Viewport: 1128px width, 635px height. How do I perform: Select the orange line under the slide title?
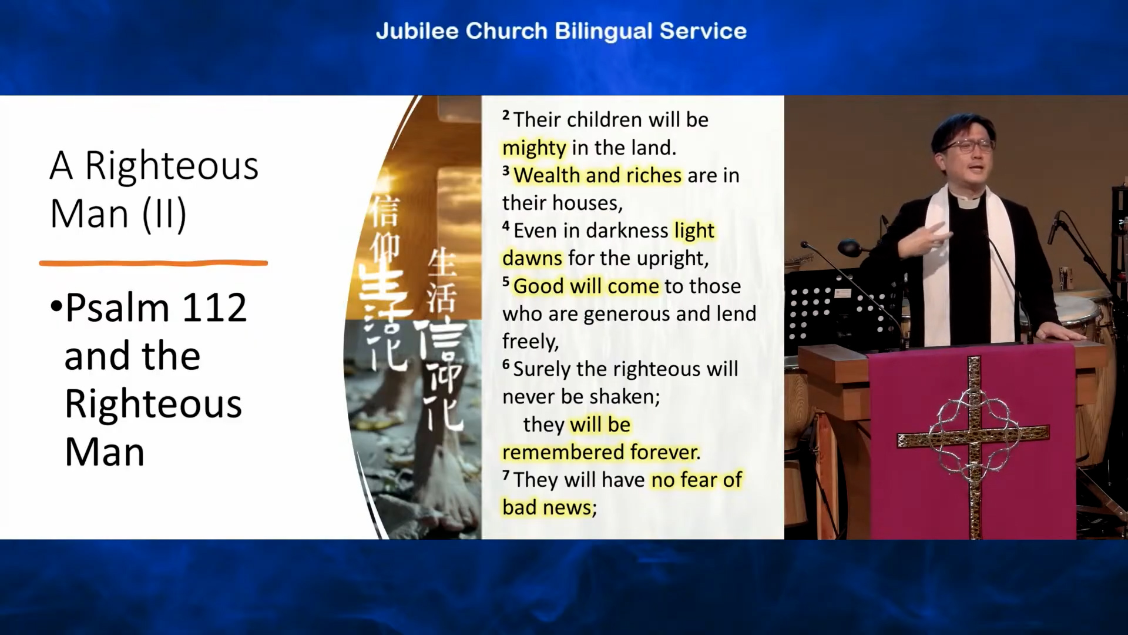pyautogui.click(x=153, y=263)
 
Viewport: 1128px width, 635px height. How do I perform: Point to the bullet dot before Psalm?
pyautogui.click(x=56, y=306)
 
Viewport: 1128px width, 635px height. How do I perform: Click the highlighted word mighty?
pyautogui.click(x=534, y=148)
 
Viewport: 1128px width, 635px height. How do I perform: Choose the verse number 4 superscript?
pyautogui.click(x=506, y=225)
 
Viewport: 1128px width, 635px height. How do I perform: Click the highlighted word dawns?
pyautogui.click(x=532, y=258)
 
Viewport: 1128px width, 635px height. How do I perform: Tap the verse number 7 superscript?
pyautogui.click(x=506, y=474)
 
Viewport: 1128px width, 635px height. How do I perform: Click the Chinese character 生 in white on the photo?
pyautogui.click(x=442, y=262)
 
